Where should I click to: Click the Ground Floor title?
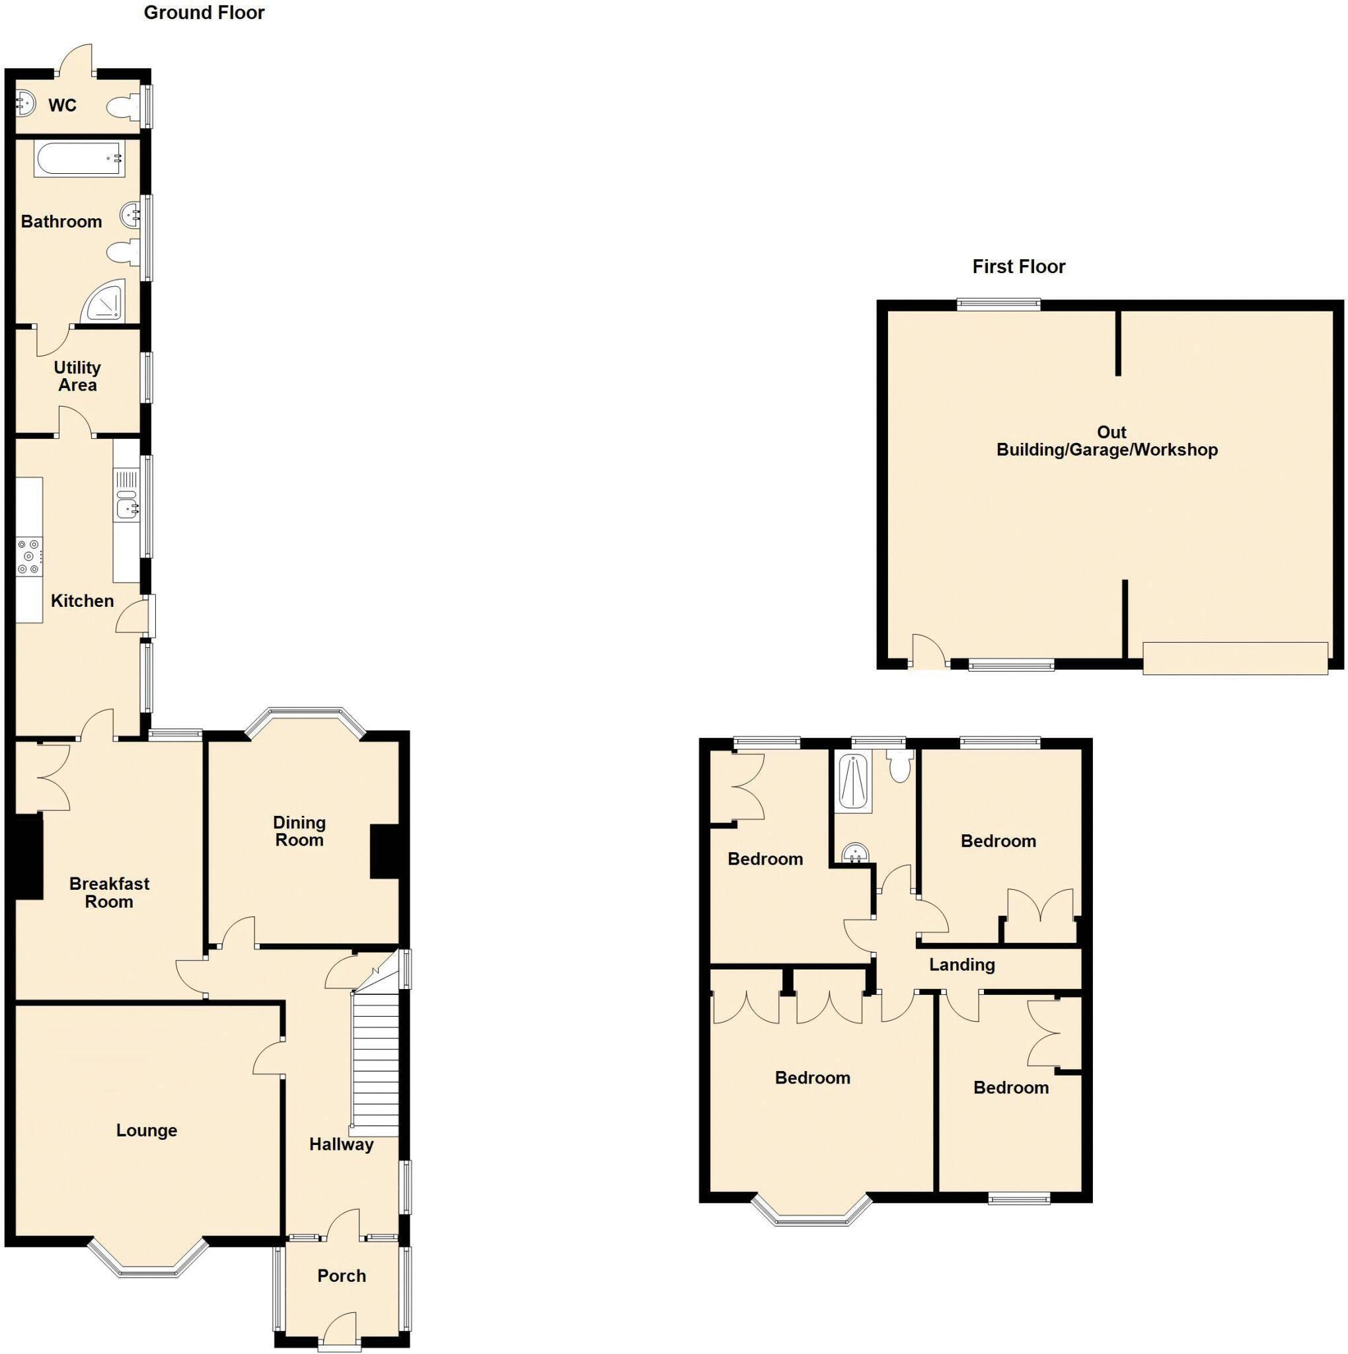pyautogui.click(x=204, y=13)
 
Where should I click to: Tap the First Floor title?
pyautogui.click(x=1018, y=266)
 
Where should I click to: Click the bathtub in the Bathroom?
pyautogui.click(x=79, y=159)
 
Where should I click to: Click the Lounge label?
pyautogui.click(x=147, y=1131)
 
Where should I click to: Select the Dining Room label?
pyautogui.click(x=299, y=831)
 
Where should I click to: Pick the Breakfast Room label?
pyautogui.click(x=109, y=893)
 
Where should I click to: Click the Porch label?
pyautogui.click(x=341, y=1275)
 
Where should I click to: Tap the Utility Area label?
pyautogui.click(x=77, y=376)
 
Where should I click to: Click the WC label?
pyautogui.click(x=62, y=106)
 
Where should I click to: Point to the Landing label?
pyautogui.click(x=961, y=965)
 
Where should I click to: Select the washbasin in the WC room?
pyautogui.click(x=24, y=104)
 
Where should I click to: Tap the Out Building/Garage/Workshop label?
pyautogui.click(x=1106, y=441)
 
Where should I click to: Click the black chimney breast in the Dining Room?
pyautogui.click(x=384, y=852)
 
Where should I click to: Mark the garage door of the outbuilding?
pyautogui.click(x=1234, y=658)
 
